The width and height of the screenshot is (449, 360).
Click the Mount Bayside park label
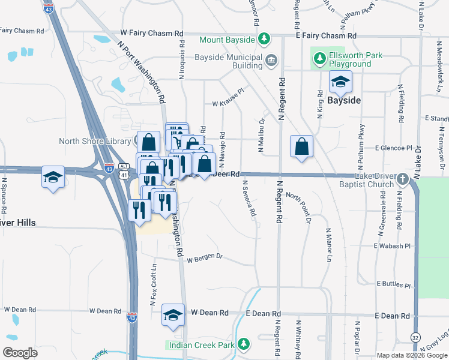tap(228, 40)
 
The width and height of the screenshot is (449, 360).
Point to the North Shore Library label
tap(94, 142)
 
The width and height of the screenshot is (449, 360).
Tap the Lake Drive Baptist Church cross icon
tap(402, 179)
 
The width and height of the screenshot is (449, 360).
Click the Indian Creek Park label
tap(200, 345)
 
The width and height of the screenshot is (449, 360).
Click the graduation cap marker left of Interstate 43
tap(53, 177)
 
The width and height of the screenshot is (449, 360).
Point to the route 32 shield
tap(415, 339)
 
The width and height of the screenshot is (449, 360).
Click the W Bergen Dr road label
tap(205, 258)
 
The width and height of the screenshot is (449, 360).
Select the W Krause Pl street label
tap(229, 102)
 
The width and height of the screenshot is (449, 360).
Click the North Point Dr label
tap(298, 207)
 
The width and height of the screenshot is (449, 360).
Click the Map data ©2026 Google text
tap(411, 355)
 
